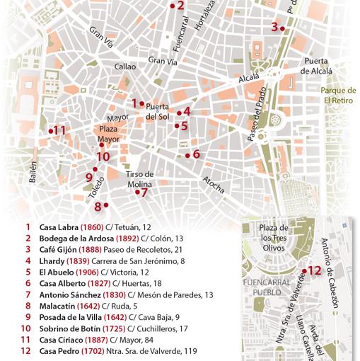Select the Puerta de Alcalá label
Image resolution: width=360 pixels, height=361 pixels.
315,66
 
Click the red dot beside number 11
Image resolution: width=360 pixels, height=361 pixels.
51,131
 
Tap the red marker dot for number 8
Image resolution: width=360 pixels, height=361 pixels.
106,206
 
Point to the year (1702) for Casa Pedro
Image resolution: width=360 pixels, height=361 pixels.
84,351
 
